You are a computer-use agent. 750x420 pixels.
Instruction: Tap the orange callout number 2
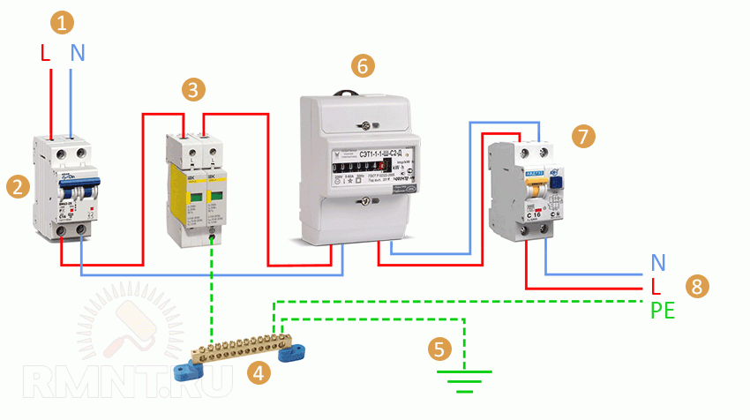click(x=15, y=185)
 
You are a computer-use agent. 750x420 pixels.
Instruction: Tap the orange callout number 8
click(x=697, y=286)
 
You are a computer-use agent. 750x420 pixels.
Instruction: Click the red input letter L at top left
click(x=45, y=53)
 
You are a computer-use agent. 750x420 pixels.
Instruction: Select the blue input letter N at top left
click(x=78, y=53)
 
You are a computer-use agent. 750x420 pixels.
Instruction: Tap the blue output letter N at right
click(x=657, y=263)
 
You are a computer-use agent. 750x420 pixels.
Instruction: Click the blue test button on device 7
click(x=558, y=183)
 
